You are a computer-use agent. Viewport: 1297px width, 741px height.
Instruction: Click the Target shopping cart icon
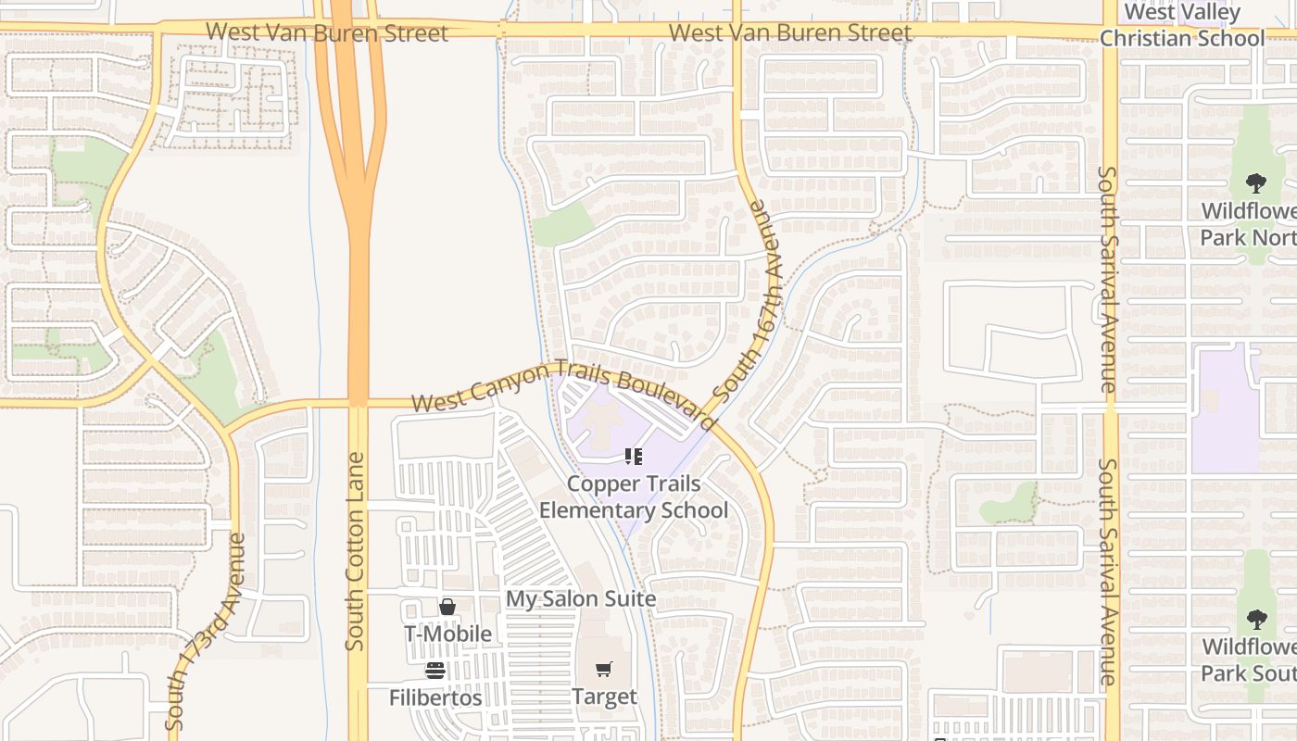tap(604, 669)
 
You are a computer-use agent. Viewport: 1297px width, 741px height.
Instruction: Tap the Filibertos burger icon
tap(435, 670)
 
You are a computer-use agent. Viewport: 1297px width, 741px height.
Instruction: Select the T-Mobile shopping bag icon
tap(447, 607)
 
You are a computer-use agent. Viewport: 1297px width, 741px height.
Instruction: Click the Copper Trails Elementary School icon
tap(634, 456)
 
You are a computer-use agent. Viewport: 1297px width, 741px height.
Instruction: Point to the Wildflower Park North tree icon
tap(1256, 182)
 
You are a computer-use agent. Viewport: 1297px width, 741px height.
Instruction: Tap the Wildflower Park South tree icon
tap(1256, 619)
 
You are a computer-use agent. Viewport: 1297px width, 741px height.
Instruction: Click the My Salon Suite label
tap(581, 599)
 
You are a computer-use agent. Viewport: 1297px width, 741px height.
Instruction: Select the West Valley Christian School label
tap(1182, 26)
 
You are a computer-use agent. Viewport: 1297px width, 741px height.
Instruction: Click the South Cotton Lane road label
tap(355, 551)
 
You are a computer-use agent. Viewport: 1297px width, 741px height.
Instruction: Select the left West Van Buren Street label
tap(326, 32)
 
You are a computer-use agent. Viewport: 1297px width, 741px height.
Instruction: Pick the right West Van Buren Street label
tap(789, 32)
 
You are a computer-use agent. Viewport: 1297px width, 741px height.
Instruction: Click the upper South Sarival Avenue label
tap(1108, 278)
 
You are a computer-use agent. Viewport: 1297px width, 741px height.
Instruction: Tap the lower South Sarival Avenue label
tap(1108, 571)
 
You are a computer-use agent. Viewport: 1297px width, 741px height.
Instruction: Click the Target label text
tap(604, 697)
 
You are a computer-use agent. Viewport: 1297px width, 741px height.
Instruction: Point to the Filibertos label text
tap(435, 697)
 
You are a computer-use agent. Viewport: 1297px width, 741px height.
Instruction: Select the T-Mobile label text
tap(447, 634)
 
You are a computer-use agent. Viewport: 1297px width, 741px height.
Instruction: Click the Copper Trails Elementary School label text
tap(634, 497)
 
